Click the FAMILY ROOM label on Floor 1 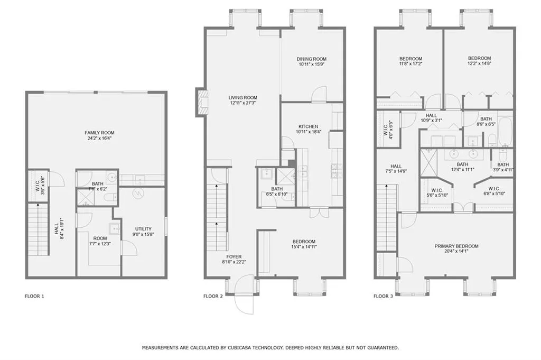coord(99,133)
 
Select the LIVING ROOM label coord(242,97)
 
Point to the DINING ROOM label coord(312,59)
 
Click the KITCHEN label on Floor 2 coord(308,126)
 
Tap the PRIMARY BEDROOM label coord(456,246)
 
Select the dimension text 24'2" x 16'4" coord(99,139)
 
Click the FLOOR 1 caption coord(35,296)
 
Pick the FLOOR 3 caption coord(383,296)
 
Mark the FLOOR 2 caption coord(213,296)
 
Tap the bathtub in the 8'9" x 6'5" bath coord(505,132)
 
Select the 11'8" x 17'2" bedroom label coord(410,58)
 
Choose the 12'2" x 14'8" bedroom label coord(479,58)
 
